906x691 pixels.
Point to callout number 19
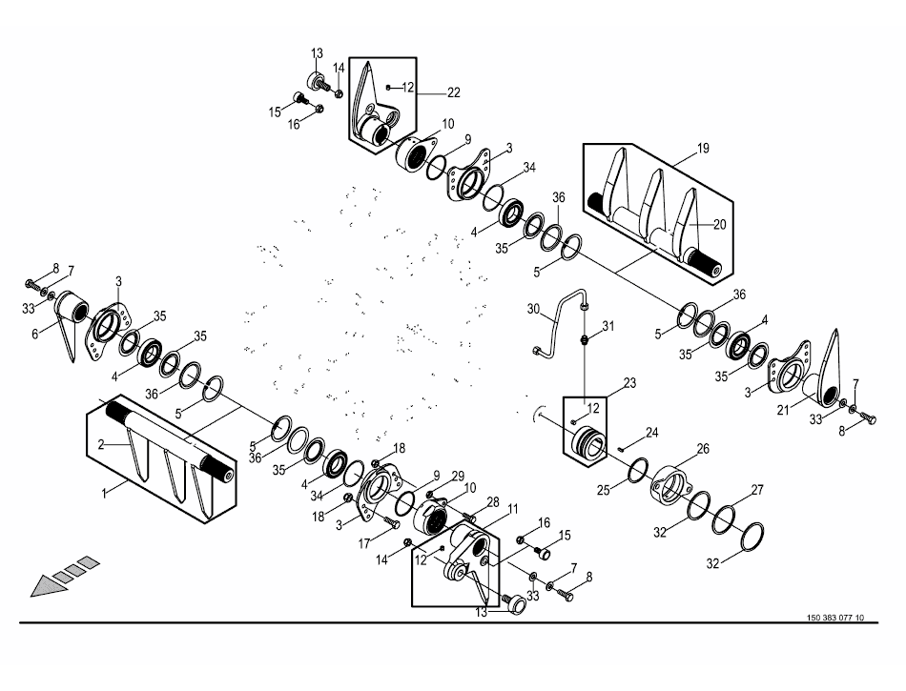coord(703,149)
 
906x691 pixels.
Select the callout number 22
coord(453,92)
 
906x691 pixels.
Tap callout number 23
coord(628,383)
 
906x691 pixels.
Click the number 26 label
coord(703,448)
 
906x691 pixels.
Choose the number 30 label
coord(533,308)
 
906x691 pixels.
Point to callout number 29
coord(458,475)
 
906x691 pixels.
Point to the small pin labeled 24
coord(621,446)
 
